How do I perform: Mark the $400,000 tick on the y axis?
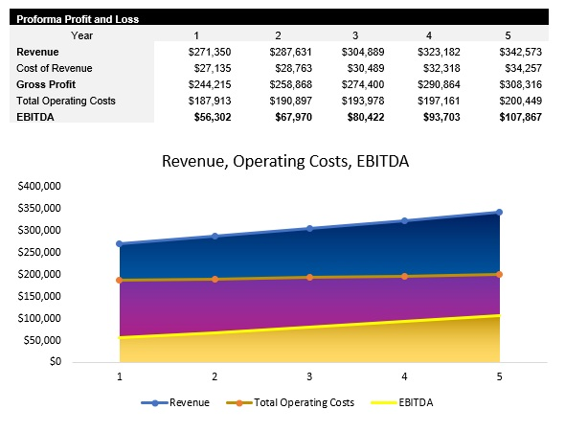coord(39,186)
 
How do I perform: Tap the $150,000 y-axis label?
coord(39,296)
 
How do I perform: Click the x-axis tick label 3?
coord(309,376)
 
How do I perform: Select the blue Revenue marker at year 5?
coord(499,213)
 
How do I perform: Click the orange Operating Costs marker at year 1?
coord(120,280)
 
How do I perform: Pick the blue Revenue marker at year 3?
coord(309,228)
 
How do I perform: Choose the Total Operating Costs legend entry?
coord(289,402)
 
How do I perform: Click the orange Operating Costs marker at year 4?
coord(404,276)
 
